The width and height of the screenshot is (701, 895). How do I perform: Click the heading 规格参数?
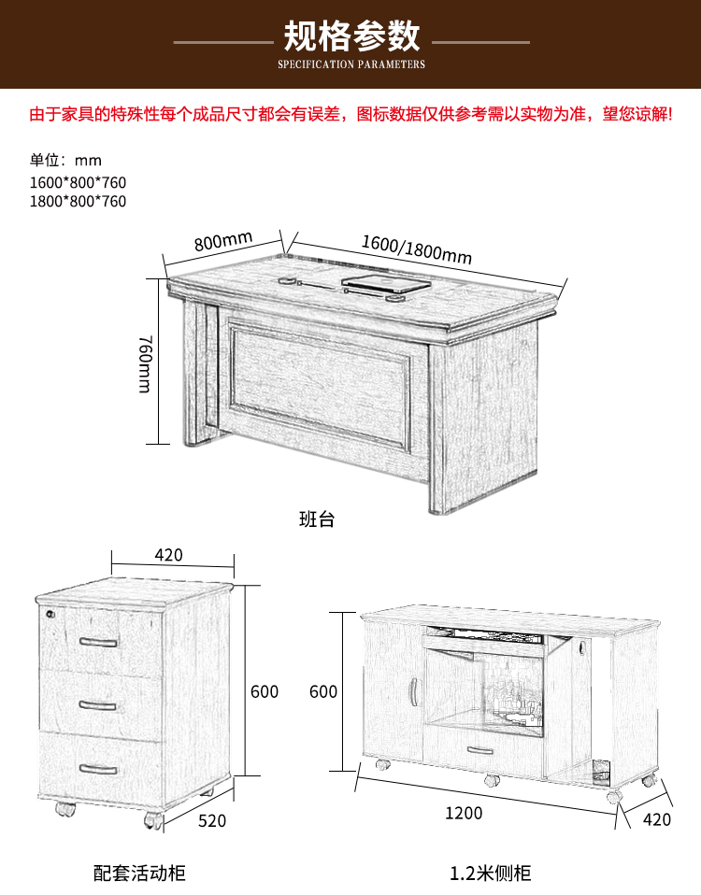tap(351, 36)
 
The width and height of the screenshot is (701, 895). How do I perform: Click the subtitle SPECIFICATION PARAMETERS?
tap(351, 64)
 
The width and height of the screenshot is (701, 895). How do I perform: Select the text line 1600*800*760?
tap(79, 183)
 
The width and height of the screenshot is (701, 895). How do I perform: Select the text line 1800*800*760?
tap(79, 201)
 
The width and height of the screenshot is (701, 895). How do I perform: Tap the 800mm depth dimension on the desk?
tap(223, 241)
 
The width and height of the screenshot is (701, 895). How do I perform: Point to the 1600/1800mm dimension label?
tap(417, 250)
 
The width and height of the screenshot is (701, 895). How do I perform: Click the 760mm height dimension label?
tap(146, 364)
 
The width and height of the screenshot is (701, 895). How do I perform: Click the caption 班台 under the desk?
tap(317, 519)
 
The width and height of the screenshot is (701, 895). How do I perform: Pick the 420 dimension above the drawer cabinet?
tap(169, 555)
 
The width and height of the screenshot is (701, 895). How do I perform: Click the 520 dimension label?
tap(212, 821)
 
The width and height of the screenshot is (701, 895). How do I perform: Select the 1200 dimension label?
tap(464, 813)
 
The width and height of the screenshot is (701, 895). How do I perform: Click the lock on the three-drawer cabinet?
tap(50, 614)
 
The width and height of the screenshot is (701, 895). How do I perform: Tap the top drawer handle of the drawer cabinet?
tap(98, 642)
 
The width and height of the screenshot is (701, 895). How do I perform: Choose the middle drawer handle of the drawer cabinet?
tap(97, 706)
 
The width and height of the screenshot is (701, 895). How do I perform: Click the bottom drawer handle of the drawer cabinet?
tap(98, 770)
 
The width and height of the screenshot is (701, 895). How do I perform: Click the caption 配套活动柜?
tap(139, 874)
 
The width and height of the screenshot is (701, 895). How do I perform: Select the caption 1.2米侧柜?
tap(491, 874)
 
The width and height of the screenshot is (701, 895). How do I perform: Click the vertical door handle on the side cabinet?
tap(413, 690)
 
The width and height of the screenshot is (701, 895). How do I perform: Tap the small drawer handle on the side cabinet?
tap(480, 750)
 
